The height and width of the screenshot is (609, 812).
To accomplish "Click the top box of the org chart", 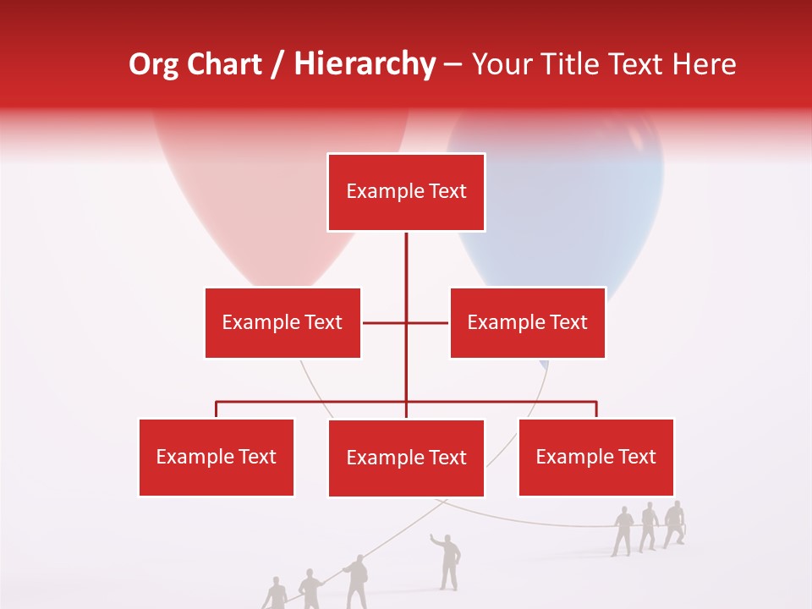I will [406, 192].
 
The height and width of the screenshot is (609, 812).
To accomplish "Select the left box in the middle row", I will [283, 322].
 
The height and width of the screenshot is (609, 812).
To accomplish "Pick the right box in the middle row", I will [527, 322].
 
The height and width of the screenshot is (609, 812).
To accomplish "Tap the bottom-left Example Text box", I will [216, 457].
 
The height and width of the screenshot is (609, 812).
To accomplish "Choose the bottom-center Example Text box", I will [406, 458].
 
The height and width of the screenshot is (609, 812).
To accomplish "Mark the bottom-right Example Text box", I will [595, 457].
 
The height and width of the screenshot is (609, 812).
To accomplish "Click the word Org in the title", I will [152, 64].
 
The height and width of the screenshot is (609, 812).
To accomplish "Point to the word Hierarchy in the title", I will [364, 64].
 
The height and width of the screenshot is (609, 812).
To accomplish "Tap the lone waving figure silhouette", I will [449, 561].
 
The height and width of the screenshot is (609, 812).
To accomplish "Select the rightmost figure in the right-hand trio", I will [674, 524].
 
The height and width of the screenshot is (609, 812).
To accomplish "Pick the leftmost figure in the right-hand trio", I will [623, 531].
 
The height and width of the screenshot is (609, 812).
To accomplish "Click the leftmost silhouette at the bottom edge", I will [276, 595].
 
